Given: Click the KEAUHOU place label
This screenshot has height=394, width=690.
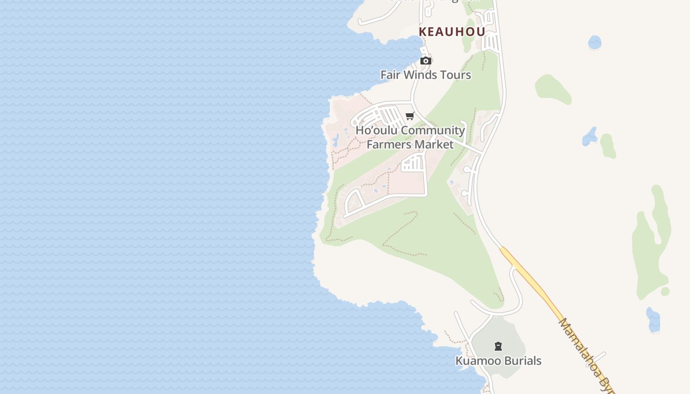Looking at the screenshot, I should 451,32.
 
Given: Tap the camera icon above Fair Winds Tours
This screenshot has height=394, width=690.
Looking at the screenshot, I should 426,61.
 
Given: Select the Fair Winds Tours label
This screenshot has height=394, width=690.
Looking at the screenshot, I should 426,75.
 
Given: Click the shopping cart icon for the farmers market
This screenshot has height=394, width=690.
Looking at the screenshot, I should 410,116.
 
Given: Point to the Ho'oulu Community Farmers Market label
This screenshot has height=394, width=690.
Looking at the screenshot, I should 410,137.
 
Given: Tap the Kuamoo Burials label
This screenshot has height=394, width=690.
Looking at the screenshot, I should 498,361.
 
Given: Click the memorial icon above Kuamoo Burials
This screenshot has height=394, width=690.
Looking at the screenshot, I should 498,346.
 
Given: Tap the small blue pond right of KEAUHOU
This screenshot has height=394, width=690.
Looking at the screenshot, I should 595,42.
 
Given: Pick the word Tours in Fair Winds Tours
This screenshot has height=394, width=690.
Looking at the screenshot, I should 457,75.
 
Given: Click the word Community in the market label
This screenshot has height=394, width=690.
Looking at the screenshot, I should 433,131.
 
